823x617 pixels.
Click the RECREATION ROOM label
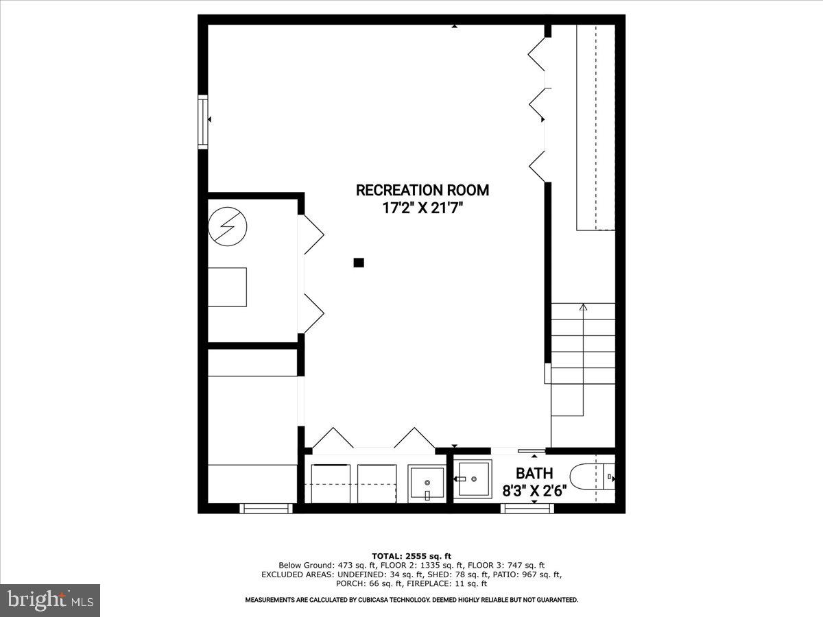(422, 190)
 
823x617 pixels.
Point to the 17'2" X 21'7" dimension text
(422, 208)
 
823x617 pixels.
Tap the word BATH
(534, 473)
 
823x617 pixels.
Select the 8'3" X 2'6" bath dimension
(534, 490)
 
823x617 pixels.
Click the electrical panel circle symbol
(227, 226)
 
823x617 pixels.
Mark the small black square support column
(358, 262)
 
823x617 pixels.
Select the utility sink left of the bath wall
(427, 483)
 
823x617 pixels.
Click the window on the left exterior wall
(203, 122)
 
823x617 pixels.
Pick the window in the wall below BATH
(527, 508)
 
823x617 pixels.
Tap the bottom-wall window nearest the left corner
(266, 508)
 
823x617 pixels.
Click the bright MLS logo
(50, 600)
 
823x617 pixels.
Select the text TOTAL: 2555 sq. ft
(411, 555)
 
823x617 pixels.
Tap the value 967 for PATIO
(518, 574)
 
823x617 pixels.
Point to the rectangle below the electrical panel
(227, 287)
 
